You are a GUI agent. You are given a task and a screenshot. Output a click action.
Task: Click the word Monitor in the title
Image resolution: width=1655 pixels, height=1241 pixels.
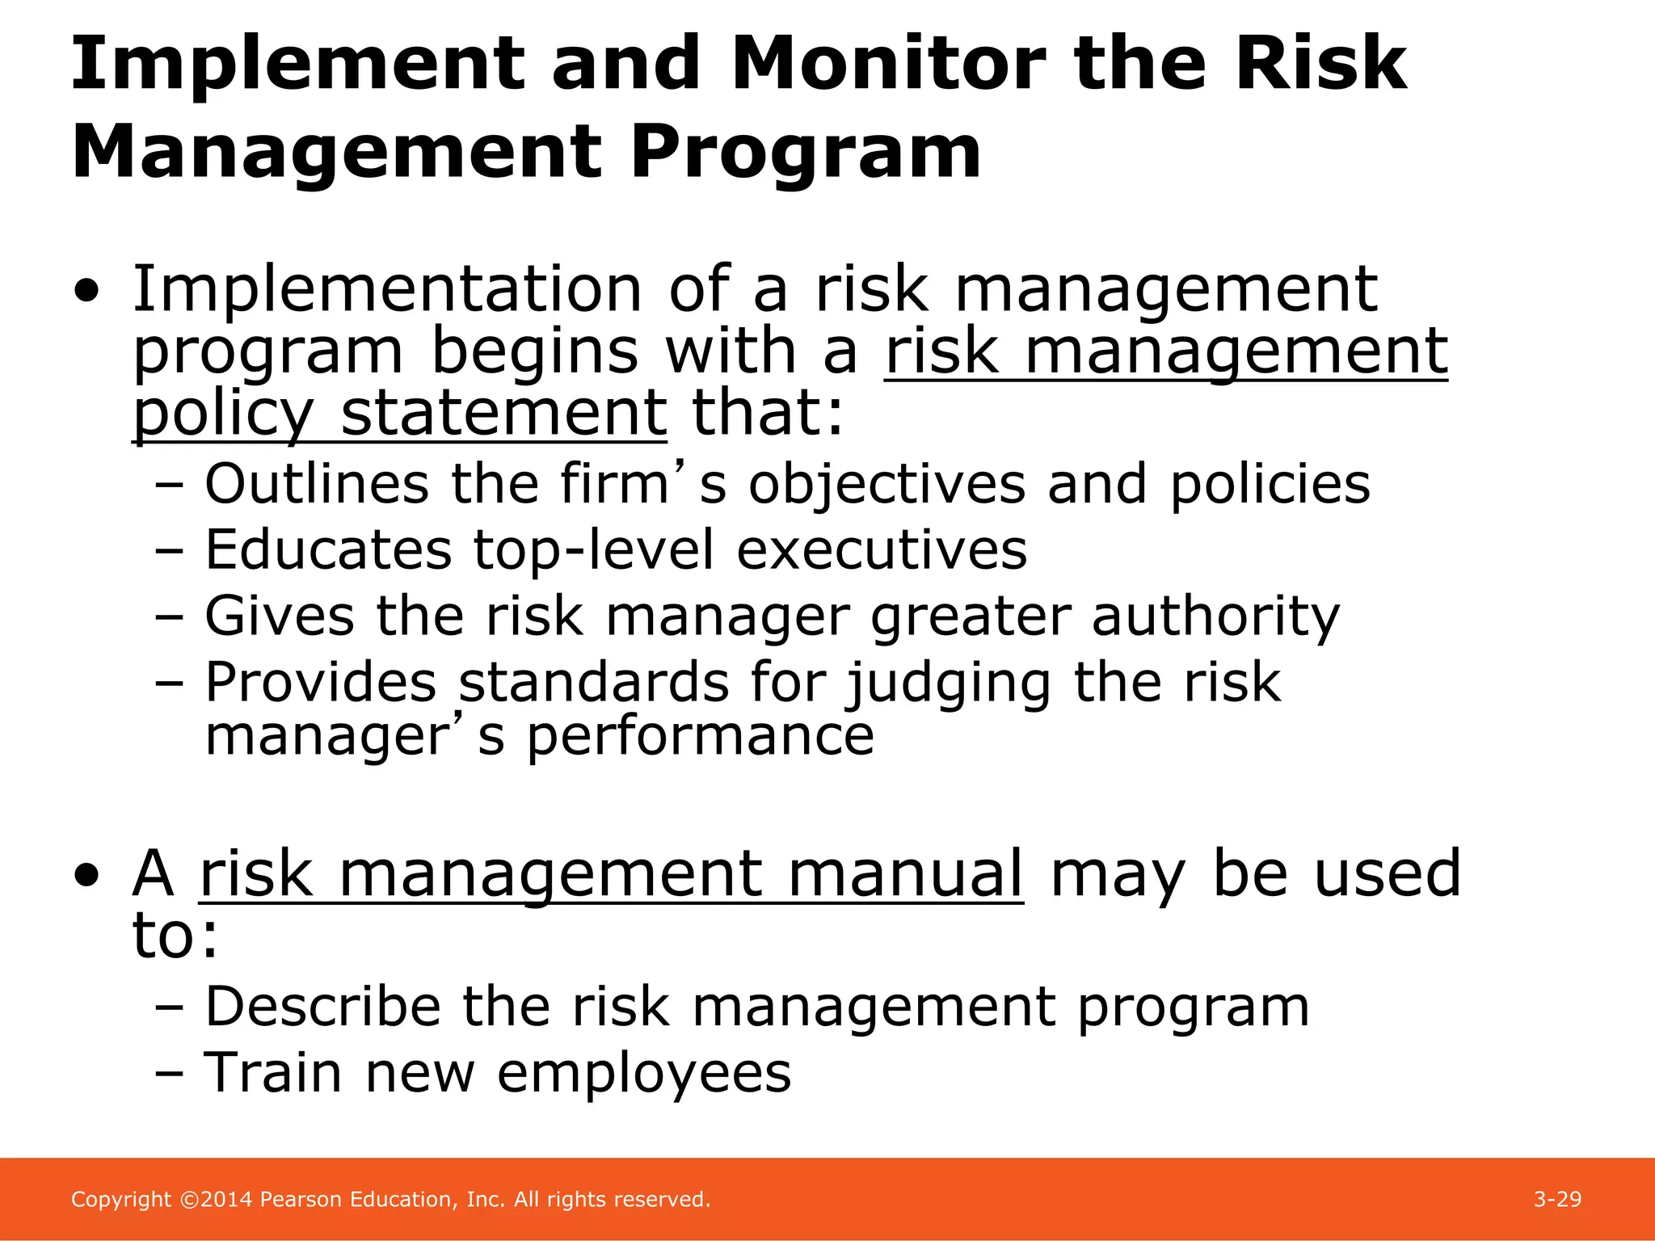click(888, 65)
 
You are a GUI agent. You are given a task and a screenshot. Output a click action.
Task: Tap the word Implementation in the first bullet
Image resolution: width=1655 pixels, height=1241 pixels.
click(387, 289)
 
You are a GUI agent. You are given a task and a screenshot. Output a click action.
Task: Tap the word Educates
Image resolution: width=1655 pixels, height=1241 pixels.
click(328, 550)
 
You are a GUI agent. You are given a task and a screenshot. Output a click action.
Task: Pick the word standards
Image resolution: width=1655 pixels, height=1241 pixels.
click(594, 683)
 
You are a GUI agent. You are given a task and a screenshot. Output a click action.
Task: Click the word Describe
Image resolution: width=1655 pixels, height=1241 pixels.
click(322, 1008)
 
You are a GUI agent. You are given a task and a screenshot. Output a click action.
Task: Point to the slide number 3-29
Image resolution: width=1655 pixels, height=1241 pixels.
click(1557, 1200)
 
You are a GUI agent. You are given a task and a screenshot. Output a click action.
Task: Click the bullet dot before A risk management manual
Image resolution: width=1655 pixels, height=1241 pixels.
click(86, 876)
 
